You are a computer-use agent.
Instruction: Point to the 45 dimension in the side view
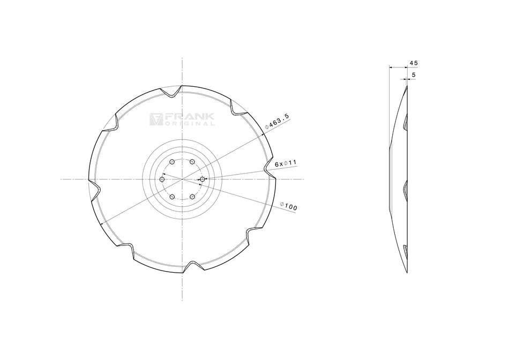pos(413,63)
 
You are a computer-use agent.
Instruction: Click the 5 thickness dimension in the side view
pos(413,76)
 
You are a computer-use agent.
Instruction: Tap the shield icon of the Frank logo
pos(156,119)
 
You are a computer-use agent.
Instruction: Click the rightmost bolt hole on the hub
pos(203,179)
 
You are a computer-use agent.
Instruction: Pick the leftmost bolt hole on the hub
pos(162,179)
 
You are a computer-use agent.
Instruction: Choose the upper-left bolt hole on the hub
pos(171,161)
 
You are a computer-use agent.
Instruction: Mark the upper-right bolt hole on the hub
pos(192,161)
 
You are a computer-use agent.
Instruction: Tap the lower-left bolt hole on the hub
pos(171,197)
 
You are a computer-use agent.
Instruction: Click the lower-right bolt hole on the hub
pos(192,197)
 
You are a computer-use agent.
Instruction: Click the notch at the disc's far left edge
pos(94,188)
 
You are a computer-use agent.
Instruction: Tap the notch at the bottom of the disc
pos(191,266)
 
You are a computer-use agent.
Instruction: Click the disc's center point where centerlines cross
pos(182,179)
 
